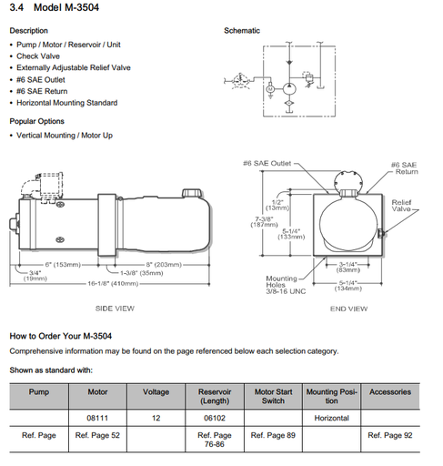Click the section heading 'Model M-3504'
point(66,7)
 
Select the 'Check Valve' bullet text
point(38,56)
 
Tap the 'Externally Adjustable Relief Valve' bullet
point(74,67)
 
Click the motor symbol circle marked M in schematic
point(270,89)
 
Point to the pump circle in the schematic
point(289,89)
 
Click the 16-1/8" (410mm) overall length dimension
point(113,284)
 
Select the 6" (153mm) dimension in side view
point(63,265)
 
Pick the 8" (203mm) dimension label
point(164,265)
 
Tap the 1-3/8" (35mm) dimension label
point(142,273)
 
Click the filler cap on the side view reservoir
point(192,193)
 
